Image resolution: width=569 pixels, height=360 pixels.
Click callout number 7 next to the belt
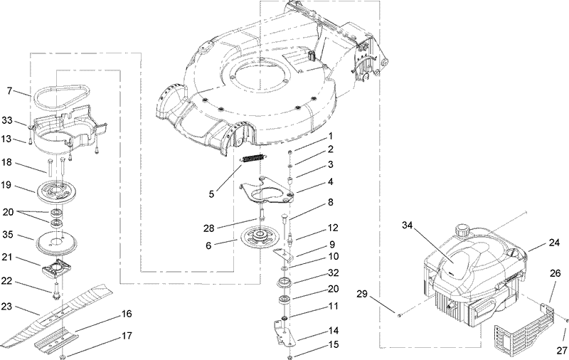[x=10, y=90]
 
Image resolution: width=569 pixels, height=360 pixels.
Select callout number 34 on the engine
[x=408, y=226]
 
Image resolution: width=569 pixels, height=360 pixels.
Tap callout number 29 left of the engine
[x=382, y=293]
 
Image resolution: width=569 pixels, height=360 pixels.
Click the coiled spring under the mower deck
[x=255, y=159]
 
